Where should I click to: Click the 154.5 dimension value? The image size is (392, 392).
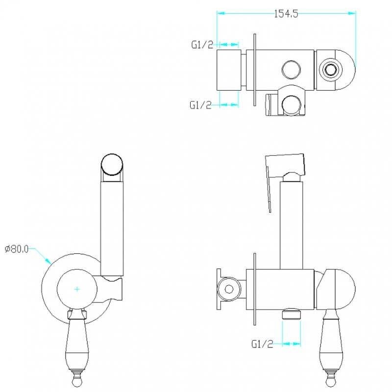pyautogui.click(x=286, y=14)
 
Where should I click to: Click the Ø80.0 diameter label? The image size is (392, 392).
pyautogui.click(x=17, y=249)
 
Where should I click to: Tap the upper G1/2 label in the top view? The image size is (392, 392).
pyautogui.click(x=202, y=45)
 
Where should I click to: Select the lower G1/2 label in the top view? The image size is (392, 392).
pyautogui.click(x=200, y=105)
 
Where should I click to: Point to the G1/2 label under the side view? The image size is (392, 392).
pyautogui.click(x=262, y=344)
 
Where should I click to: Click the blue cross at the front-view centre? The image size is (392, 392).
pyautogui.click(x=77, y=289)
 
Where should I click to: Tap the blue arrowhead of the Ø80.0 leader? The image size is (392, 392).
pyautogui.click(x=48, y=260)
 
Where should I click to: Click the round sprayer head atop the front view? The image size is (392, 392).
pyautogui.click(x=112, y=165)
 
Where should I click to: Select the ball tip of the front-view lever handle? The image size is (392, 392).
pyautogui.click(x=77, y=381)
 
